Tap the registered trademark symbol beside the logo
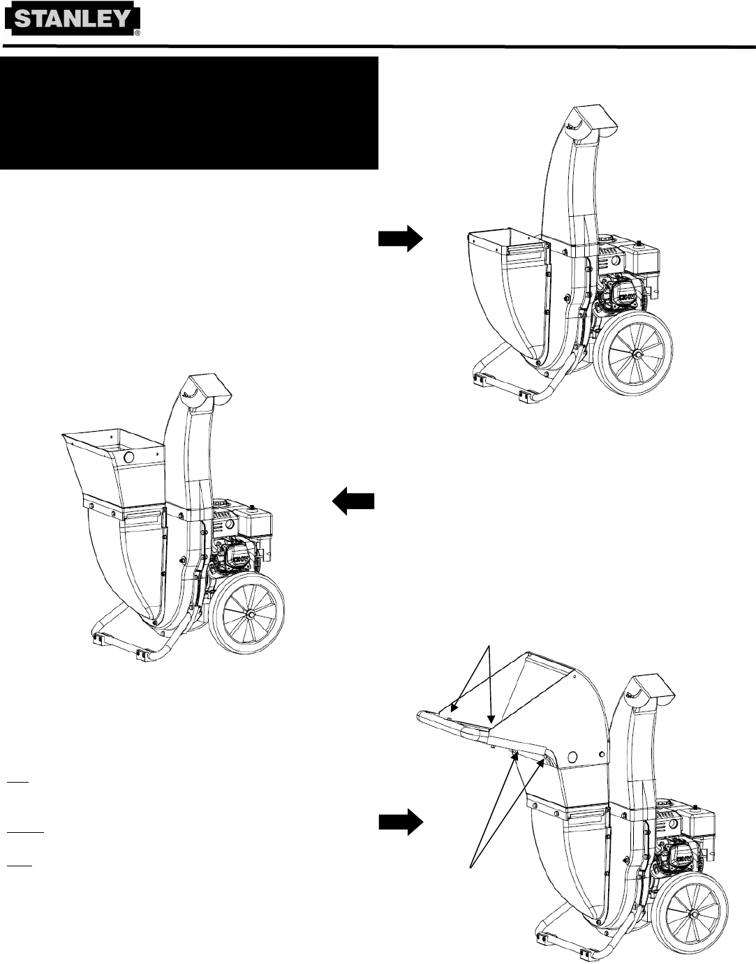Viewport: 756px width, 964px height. pos(137,33)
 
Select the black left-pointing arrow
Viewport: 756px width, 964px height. pos(353,502)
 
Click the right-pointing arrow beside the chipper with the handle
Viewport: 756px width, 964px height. pos(401,823)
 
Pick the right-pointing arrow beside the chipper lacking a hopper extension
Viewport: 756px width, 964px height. pos(401,239)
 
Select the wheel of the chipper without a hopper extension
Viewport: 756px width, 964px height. pos(637,354)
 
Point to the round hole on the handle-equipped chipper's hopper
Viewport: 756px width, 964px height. pos(572,757)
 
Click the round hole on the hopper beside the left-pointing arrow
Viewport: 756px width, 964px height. pos(129,458)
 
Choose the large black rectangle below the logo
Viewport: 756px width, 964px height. pos(188,113)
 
